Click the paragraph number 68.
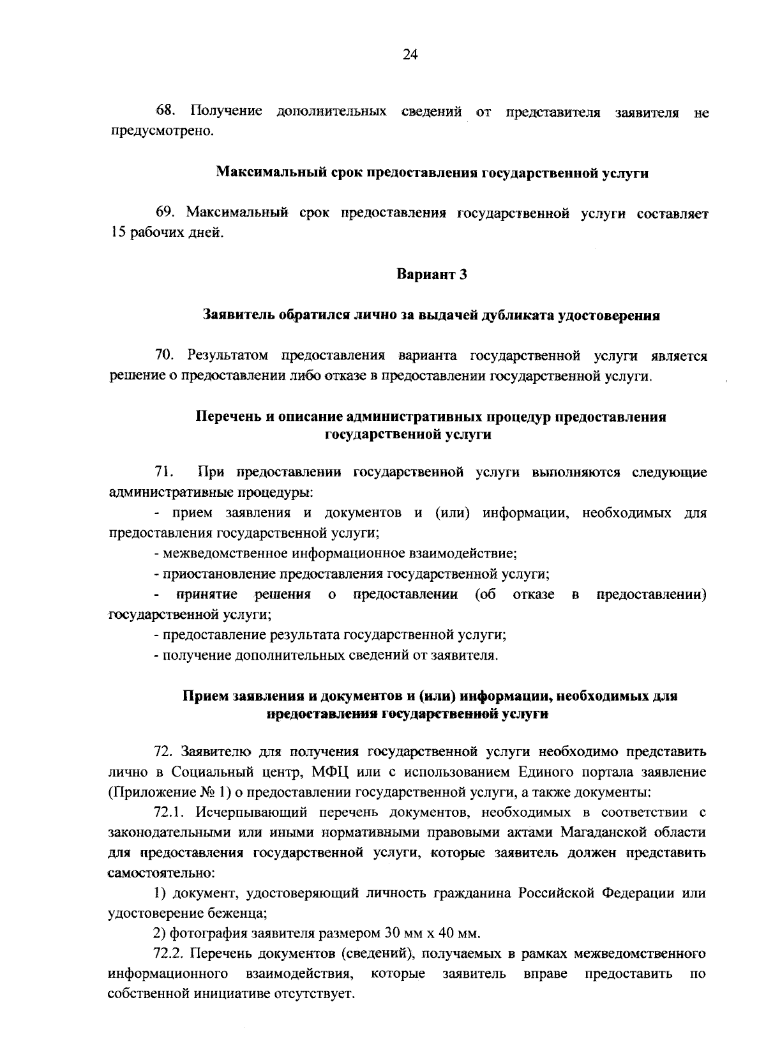click(165, 111)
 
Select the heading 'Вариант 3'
click(432, 275)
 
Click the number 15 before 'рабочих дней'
click(116, 232)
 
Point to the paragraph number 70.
click(165, 355)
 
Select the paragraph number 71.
click(165, 473)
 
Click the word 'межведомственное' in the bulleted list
click(214, 553)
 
